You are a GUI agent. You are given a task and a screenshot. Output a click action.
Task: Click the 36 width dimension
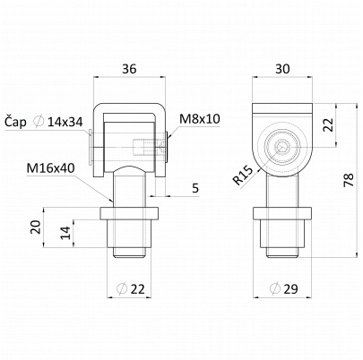pyautogui.click(x=129, y=69)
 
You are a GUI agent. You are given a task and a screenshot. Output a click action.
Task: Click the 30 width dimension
pyautogui.click(x=282, y=69)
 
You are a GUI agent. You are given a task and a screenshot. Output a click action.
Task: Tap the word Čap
pyautogui.click(x=15, y=122)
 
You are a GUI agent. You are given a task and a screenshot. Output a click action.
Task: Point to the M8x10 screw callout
pyautogui.click(x=200, y=119)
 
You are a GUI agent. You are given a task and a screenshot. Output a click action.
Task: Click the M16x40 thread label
pyautogui.click(x=50, y=168)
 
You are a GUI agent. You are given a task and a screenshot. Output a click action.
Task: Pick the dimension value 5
pyautogui.click(x=195, y=188)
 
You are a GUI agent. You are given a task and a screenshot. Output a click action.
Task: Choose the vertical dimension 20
pyautogui.click(x=36, y=227)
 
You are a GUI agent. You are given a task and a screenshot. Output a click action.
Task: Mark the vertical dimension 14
pyautogui.click(x=65, y=233)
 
